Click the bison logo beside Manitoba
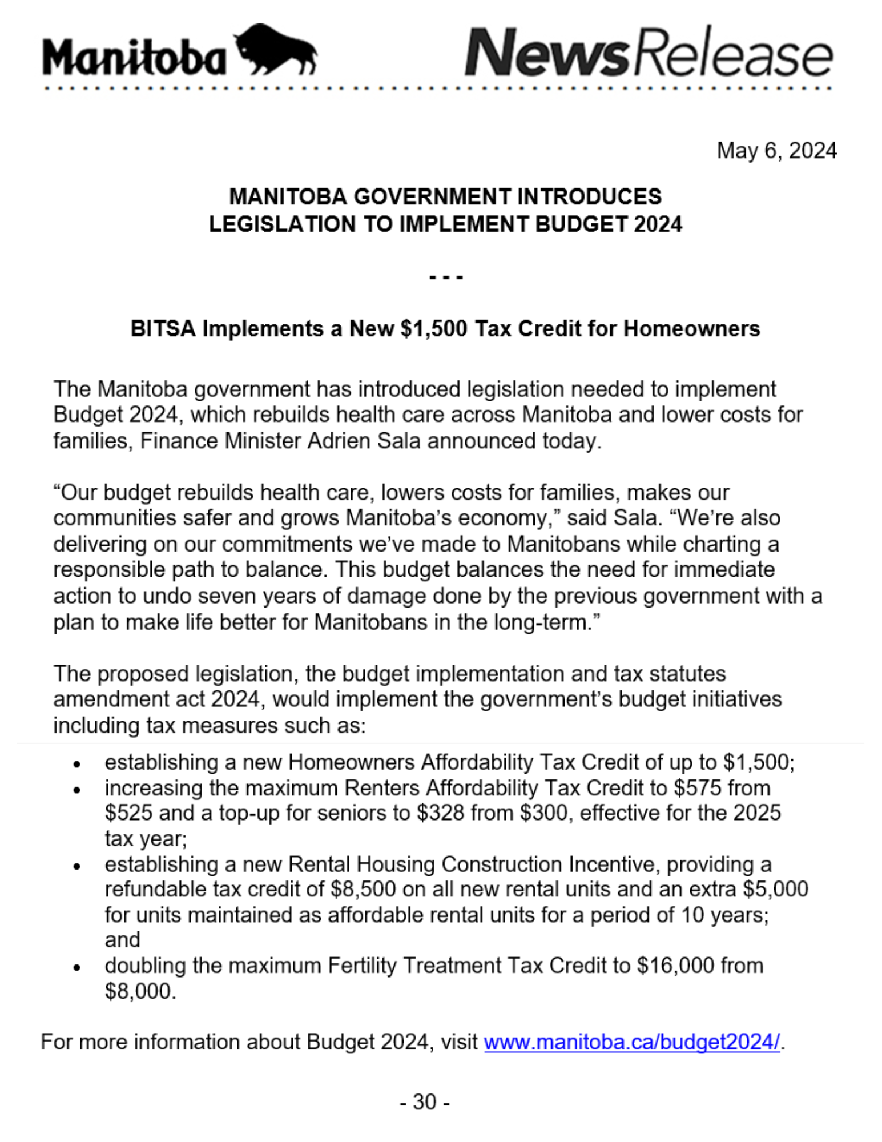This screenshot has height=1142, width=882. (276, 50)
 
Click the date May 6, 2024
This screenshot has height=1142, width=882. (776, 151)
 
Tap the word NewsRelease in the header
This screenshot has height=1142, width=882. (649, 53)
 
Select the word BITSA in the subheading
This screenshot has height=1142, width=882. (163, 329)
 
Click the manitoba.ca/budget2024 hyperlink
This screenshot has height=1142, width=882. (631, 1042)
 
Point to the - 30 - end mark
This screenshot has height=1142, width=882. (425, 1101)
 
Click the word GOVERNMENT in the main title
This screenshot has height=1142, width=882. (432, 197)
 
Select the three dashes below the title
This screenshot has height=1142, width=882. (445, 278)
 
